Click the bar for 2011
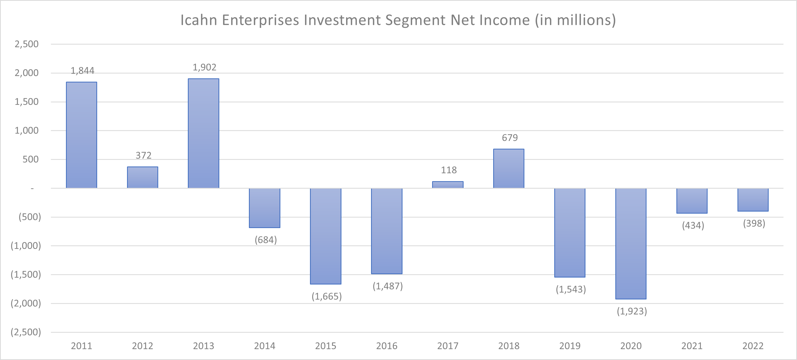tap(81, 135)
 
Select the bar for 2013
tap(204, 133)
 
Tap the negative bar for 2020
tap(631, 244)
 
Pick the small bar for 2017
tap(448, 185)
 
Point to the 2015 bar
tap(326, 236)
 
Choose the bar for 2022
tap(753, 200)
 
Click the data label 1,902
tap(205, 67)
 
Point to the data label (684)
tap(265, 240)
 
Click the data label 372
tap(144, 155)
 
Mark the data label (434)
tap(693, 225)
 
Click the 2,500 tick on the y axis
tap(27, 44)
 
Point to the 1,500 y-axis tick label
tap(27, 102)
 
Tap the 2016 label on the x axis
tap(387, 346)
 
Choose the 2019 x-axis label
tap(570, 346)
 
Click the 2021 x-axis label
tap(692, 346)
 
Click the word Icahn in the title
tap(199, 20)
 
